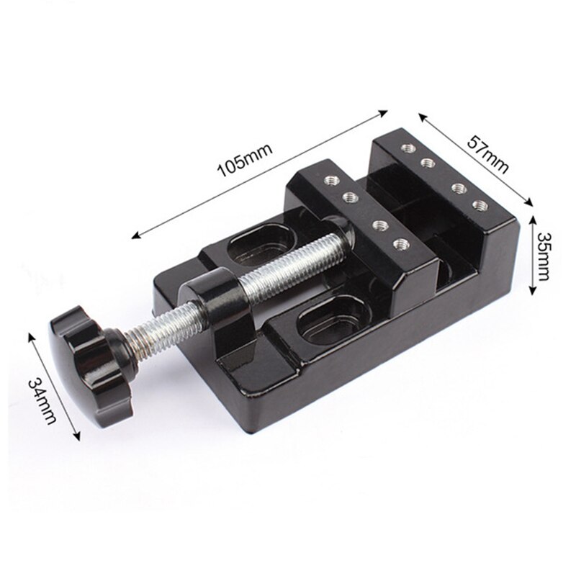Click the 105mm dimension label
[x=245, y=166]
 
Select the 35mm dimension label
[x=546, y=256]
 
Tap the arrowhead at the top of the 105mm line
[x=384, y=112]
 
